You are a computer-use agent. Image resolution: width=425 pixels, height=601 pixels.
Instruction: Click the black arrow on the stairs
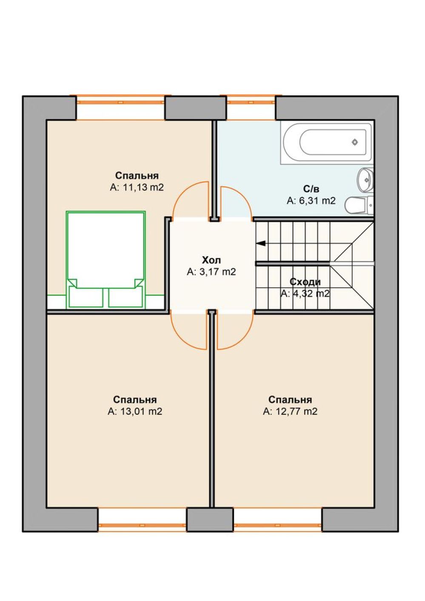click(261, 244)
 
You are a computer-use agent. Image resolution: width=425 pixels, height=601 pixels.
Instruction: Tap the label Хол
click(211, 260)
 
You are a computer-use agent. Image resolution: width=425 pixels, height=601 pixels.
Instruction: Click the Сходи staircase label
click(305, 282)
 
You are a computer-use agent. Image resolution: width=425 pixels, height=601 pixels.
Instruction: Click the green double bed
click(106, 259)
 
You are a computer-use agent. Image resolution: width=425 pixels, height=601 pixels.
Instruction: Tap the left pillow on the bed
click(86, 297)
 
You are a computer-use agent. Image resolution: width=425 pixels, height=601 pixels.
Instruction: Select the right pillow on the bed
click(126, 297)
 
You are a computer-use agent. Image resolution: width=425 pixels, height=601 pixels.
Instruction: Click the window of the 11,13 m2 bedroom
click(120, 102)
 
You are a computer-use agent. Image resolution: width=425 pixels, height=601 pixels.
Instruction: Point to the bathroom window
click(251, 102)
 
